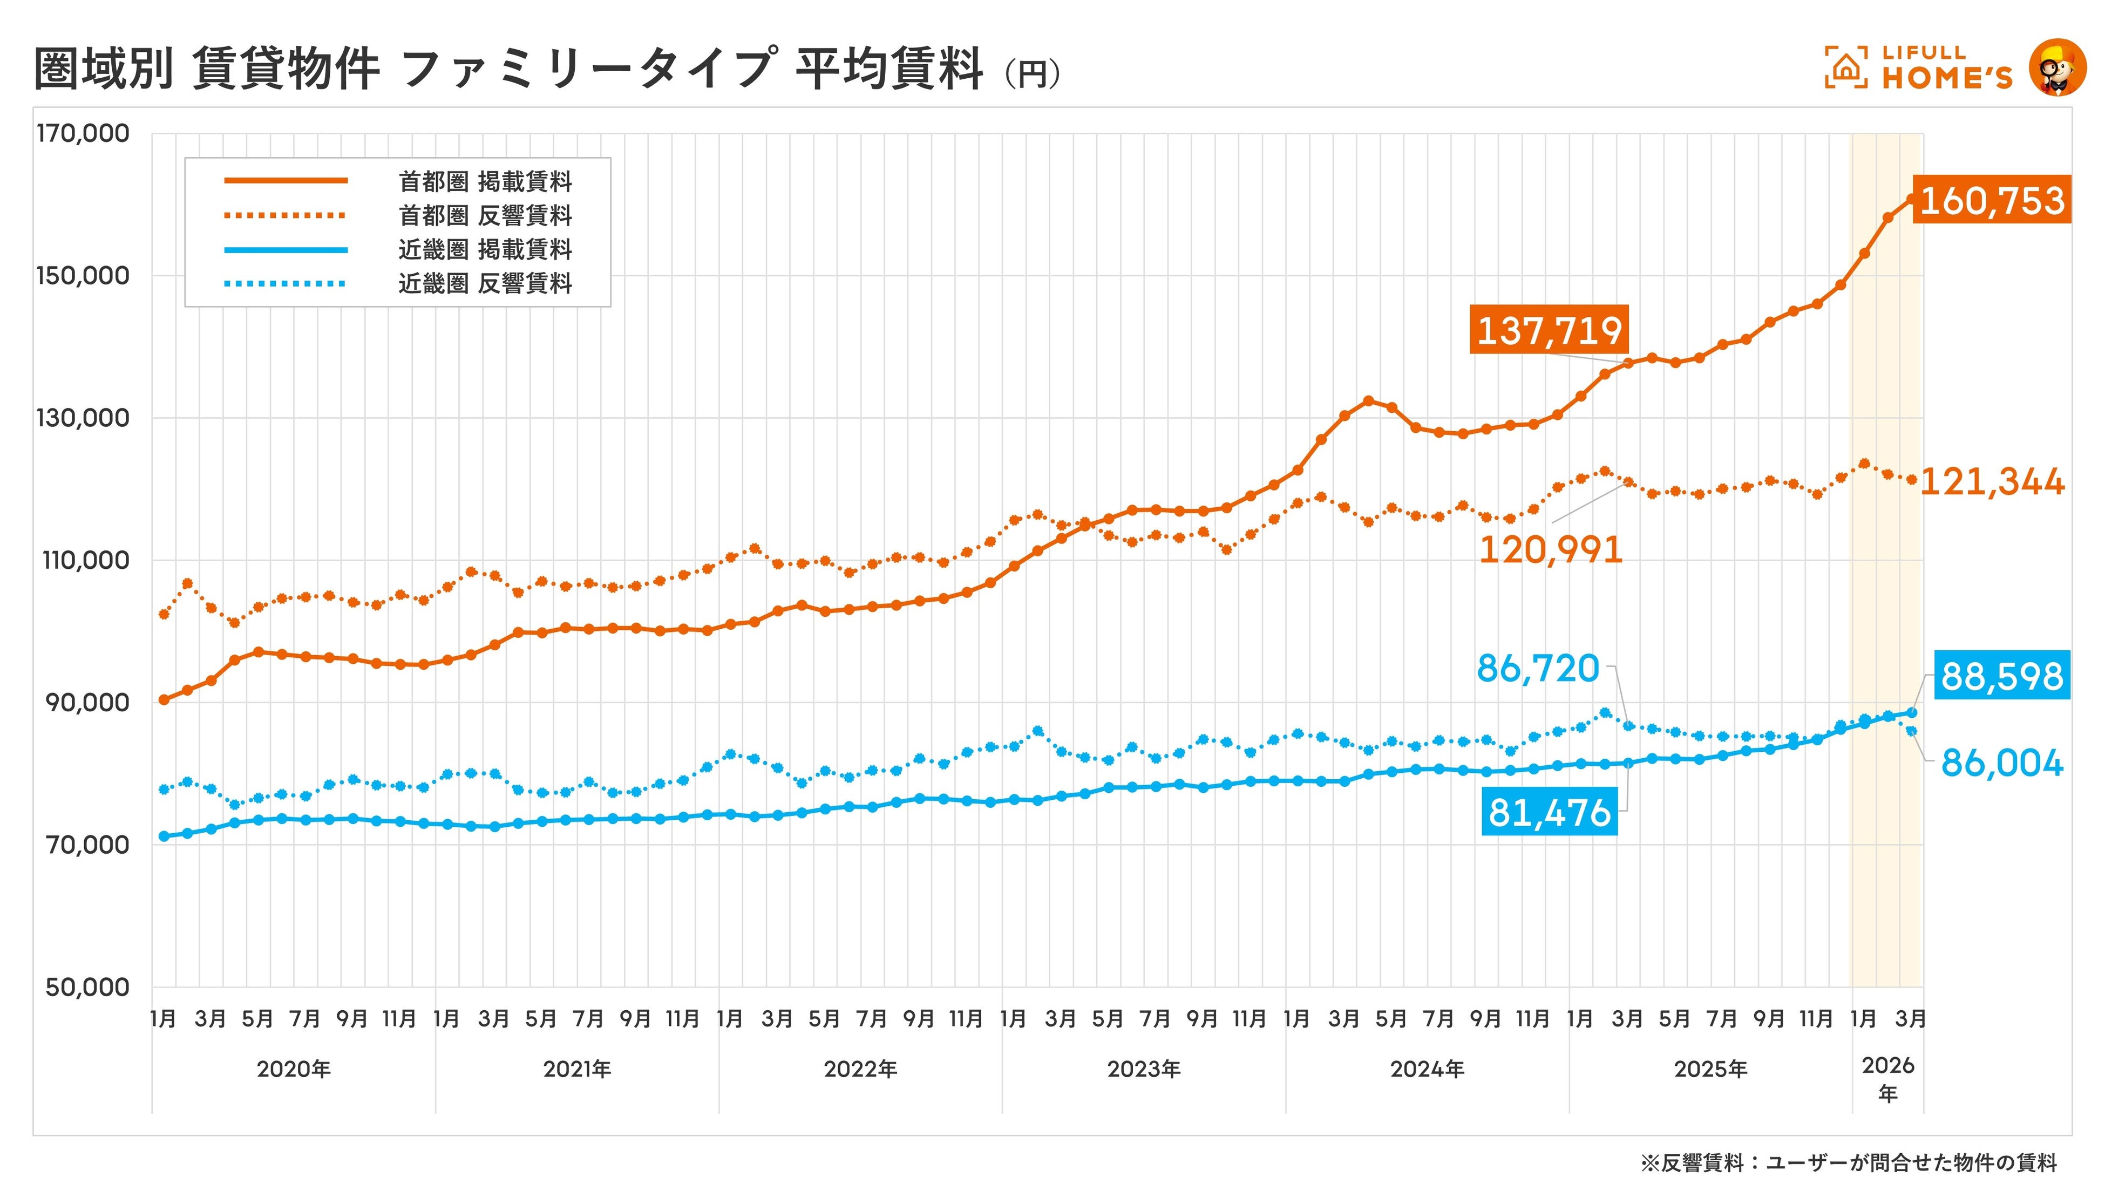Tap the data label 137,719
(x=1549, y=330)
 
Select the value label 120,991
(x=1550, y=549)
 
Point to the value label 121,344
(x=1992, y=481)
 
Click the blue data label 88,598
(x=2001, y=676)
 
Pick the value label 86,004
(x=2001, y=763)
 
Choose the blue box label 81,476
(x=1549, y=812)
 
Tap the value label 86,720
(x=1537, y=669)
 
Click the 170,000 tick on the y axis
(x=83, y=133)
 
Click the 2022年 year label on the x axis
(x=860, y=1069)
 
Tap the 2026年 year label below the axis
(x=1887, y=1079)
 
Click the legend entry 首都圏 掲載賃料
(x=485, y=181)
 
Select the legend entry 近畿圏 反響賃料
(x=485, y=283)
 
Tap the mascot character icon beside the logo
(x=2057, y=67)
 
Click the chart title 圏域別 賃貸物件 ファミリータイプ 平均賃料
(x=507, y=69)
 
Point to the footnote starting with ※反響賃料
(x=1849, y=1162)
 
